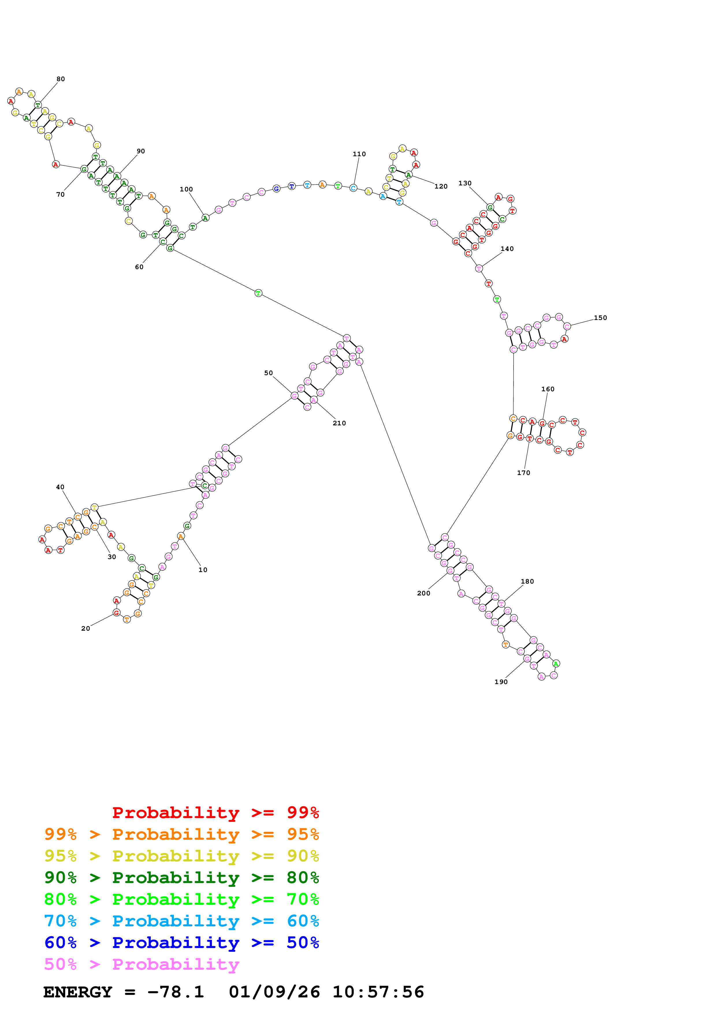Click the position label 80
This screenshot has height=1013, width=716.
coord(60,79)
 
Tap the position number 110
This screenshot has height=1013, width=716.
coord(359,154)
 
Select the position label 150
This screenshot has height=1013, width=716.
coord(600,318)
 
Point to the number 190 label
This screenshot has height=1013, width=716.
coord(501,682)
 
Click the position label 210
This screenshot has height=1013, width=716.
coord(339,423)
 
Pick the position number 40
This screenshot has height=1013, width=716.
coord(60,487)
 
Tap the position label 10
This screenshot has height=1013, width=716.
coord(202,569)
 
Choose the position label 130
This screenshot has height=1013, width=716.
coord(464,183)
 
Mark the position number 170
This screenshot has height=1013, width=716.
coord(523,472)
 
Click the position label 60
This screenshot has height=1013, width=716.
coord(139,267)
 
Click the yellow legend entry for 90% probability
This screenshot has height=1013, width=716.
coord(181,856)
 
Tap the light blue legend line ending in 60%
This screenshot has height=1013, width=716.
coord(181,921)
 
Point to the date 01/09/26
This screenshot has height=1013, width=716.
coord(274,992)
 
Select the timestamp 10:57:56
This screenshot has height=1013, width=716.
coord(378,992)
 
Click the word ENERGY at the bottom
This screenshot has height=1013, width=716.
coord(78,992)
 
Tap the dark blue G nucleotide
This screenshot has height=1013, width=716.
coord(276,189)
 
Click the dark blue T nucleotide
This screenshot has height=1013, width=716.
coord(292,186)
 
